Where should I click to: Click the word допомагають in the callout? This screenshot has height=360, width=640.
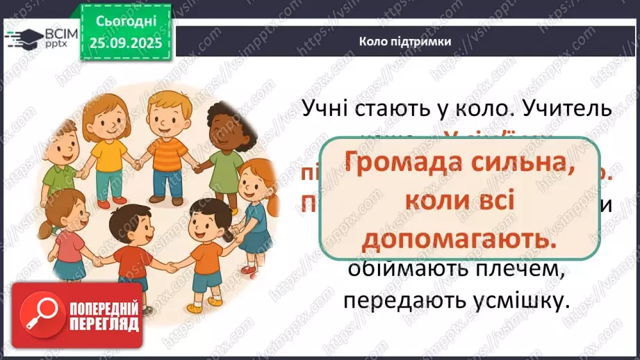click(x=460, y=240)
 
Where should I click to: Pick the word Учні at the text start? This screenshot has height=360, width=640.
click(x=329, y=110)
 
